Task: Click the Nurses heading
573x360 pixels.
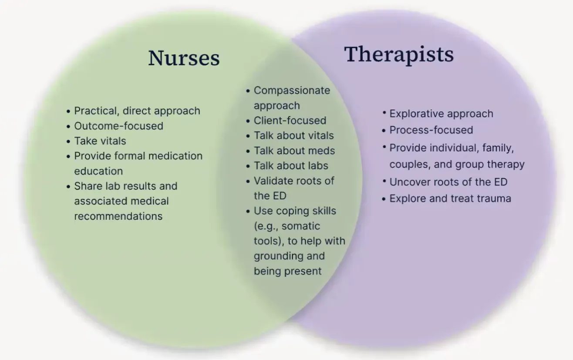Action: (x=184, y=58)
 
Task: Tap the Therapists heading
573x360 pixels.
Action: (x=399, y=55)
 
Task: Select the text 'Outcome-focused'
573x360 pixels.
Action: (x=118, y=126)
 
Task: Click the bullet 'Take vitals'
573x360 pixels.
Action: (x=100, y=141)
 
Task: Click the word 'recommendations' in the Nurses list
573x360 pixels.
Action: (x=118, y=216)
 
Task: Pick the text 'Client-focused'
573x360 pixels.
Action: (x=290, y=121)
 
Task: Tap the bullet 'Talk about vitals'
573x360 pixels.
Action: (x=293, y=136)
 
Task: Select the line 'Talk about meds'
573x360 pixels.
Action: (x=294, y=151)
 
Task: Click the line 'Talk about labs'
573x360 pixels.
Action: (x=291, y=166)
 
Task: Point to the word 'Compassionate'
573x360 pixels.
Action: (x=292, y=91)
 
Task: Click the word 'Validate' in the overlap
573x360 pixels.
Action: (x=273, y=181)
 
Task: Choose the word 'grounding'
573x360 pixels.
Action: (x=278, y=256)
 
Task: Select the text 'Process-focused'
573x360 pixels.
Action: (x=431, y=130)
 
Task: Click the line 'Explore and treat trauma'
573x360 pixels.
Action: (x=450, y=199)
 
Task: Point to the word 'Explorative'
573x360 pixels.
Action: (x=415, y=114)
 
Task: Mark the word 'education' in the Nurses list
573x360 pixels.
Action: (x=98, y=171)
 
